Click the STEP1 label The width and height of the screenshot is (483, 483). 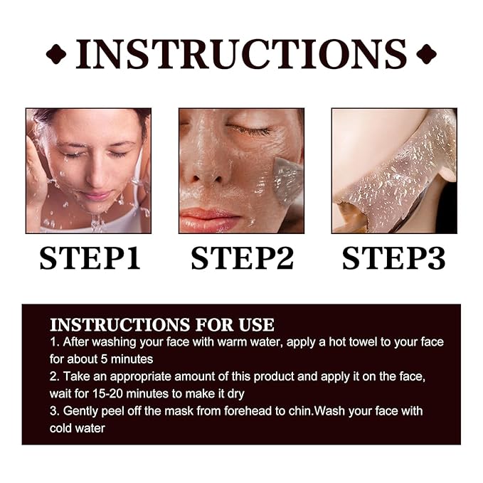pyautogui.click(x=89, y=258)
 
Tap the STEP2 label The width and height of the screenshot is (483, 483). pyautogui.click(x=242, y=258)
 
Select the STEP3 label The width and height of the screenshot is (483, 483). pyautogui.click(x=393, y=258)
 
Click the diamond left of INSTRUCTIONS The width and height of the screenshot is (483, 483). pyautogui.click(x=56, y=54)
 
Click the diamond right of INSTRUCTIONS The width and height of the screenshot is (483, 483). pyautogui.click(x=426, y=54)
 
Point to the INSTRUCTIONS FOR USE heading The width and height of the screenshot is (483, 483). pyautogui.click(x=161, y=325)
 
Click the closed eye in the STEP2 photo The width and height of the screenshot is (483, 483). pyautogui.click(x=250, y=130)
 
